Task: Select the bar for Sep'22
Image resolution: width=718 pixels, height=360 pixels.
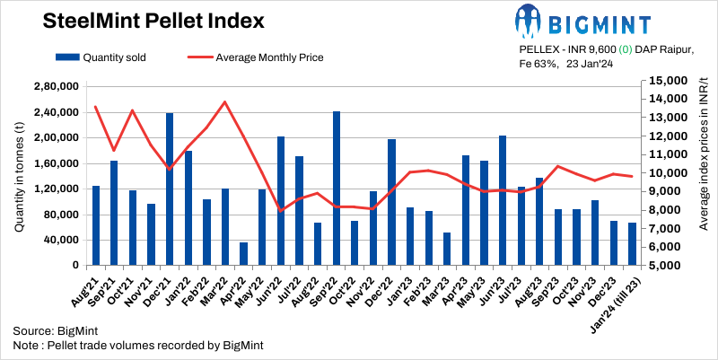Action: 337,189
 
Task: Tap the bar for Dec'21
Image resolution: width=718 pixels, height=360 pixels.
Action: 170,189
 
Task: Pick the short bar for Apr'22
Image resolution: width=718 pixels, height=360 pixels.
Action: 243,254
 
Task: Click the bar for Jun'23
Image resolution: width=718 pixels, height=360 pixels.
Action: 502,200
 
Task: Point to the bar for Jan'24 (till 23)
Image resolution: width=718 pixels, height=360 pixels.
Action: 632,244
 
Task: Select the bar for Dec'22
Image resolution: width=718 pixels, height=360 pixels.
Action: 391,202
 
